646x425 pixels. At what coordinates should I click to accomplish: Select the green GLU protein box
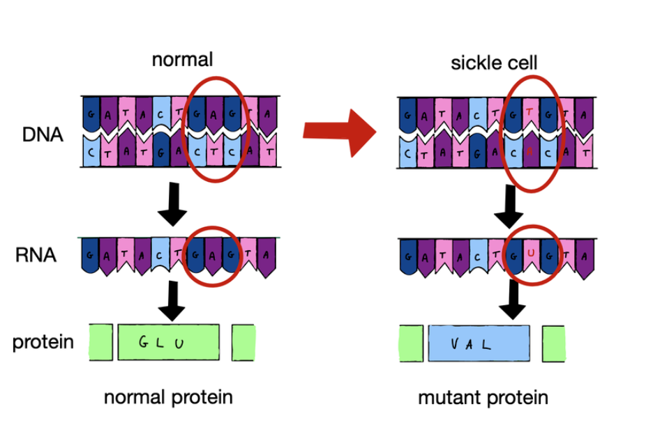tap(168, 341)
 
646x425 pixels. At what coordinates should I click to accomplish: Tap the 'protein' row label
tap(43, 342)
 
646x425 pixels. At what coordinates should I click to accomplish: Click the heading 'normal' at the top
tap(182, 60)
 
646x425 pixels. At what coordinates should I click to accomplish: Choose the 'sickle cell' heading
tap(494, 63)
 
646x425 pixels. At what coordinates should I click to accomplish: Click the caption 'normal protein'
tap(168, 398)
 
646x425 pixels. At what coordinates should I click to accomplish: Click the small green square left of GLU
tap(100, 341)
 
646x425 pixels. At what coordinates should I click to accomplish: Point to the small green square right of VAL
tap(553, 343)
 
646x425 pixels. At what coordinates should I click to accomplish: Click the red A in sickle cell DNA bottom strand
tap(532, 150)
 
